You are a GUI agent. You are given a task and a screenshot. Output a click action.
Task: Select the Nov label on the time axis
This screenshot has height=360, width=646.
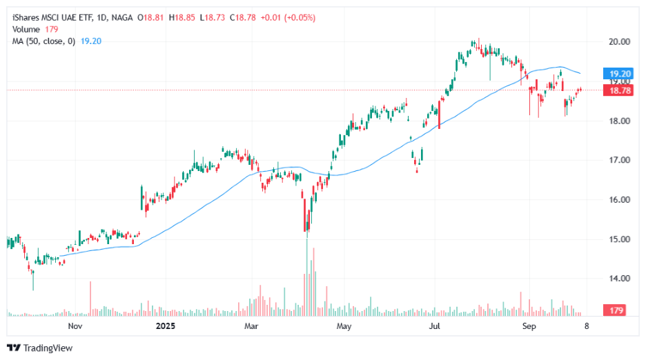coord(75,326)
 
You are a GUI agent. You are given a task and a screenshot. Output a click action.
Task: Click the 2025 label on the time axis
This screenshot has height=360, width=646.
coord(166,326)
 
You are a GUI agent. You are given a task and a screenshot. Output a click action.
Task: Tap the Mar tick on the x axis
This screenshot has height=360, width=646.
coord(251,326)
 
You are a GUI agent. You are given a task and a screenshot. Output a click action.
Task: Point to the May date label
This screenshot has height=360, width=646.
coord(344,326)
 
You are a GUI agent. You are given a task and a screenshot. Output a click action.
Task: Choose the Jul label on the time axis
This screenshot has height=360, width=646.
coord(435,326)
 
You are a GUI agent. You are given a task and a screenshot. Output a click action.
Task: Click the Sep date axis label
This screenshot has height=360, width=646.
coord(529,326)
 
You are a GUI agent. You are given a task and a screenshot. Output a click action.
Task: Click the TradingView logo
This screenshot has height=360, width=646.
coord(40,348)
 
